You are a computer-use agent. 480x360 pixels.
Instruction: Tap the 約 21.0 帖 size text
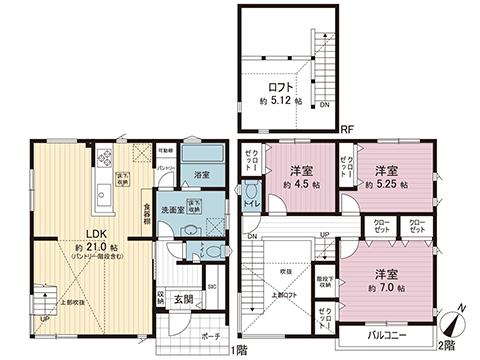pos(94,247)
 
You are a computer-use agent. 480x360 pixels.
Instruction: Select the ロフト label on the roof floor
pos(281,88)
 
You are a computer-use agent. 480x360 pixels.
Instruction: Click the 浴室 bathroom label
pos(202,175)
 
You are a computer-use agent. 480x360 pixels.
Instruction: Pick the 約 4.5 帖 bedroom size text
pos(300,186)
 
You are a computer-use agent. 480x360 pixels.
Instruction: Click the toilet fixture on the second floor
pos(252,193)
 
